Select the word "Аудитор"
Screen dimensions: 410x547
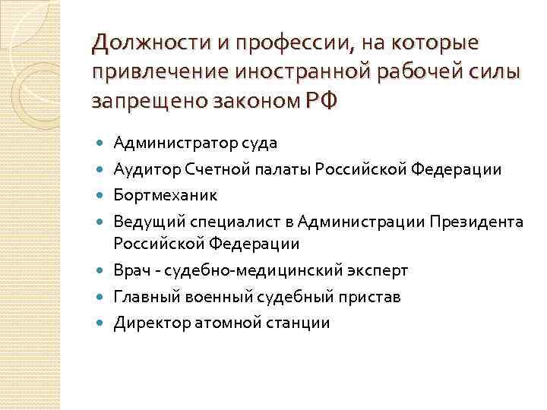tap(142, 169)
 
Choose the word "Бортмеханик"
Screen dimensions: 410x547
tap(165, 195)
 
